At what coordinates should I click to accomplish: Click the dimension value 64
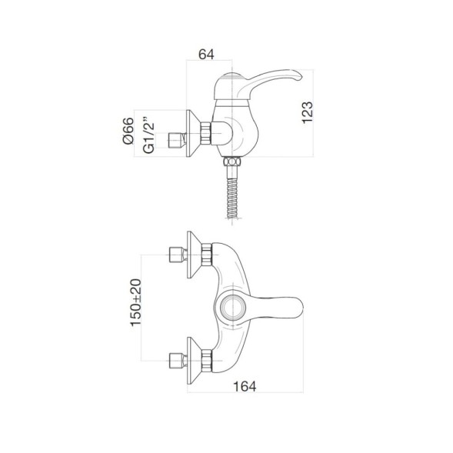(205, 54)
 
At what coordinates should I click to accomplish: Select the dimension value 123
(307, 113)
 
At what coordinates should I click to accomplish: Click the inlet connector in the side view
(178, 138)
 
